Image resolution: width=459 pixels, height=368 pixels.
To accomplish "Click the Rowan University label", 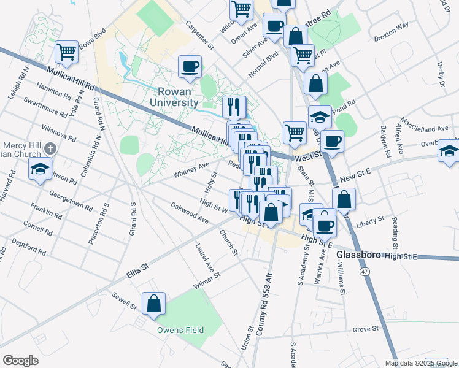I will point(174,97).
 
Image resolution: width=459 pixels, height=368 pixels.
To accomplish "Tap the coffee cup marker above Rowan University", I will point(190,66).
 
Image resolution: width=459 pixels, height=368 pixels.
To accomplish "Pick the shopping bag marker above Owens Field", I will point(153,304).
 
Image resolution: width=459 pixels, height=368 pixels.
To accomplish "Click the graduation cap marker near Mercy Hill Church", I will point(40,169).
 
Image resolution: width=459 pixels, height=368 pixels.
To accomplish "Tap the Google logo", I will point(20,360).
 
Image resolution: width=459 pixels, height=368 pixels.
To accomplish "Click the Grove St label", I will point(365,329).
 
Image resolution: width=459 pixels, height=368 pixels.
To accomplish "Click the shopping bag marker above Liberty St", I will point(344,199).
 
